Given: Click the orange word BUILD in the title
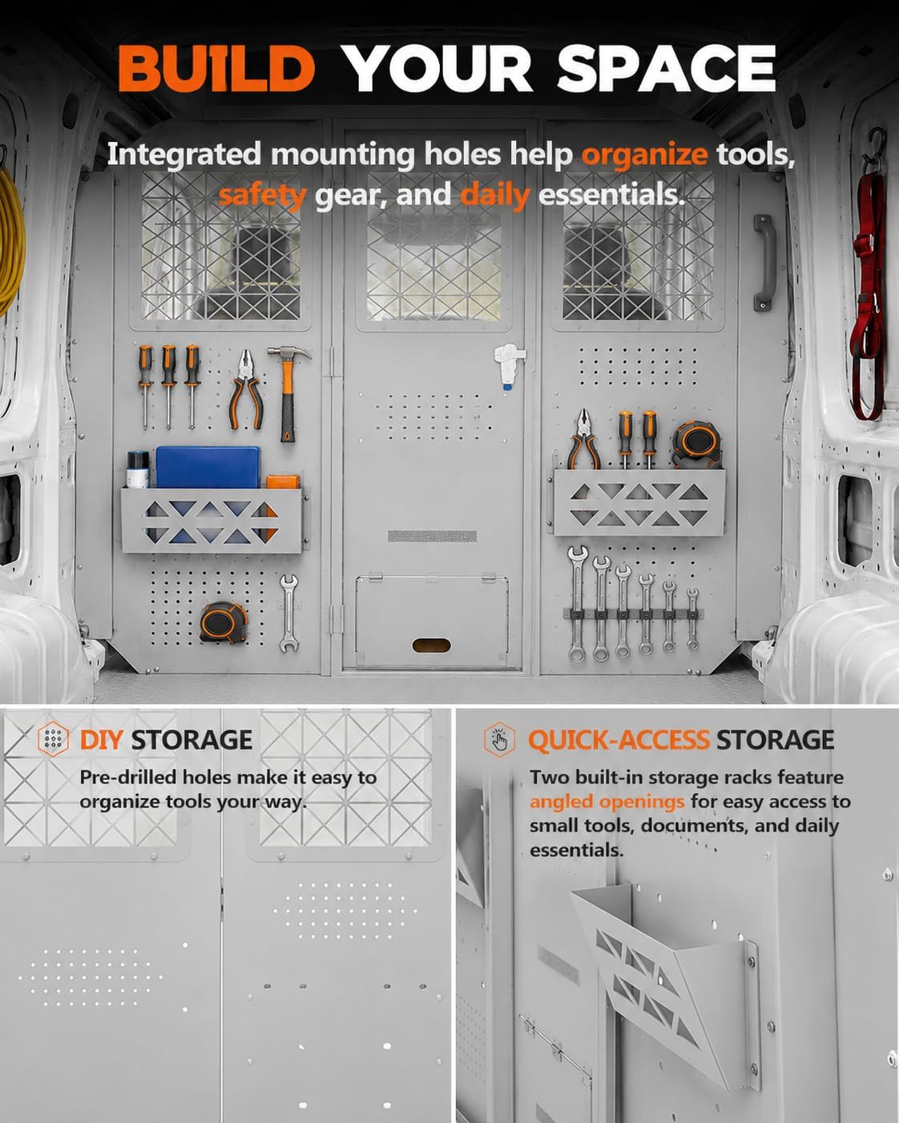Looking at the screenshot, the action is coord(216,68).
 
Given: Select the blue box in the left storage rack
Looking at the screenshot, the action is coord(208,468).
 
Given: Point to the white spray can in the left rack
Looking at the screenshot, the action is coord(138,469).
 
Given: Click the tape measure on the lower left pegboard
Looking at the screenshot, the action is coord(224,622).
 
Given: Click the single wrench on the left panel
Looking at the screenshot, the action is coord(288,613).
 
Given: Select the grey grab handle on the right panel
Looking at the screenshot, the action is coord(764,263).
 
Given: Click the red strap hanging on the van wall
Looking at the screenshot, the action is coord(868,292).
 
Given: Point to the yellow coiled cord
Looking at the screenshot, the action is coord(10,240).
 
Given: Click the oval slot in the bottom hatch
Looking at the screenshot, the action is coord(431,646).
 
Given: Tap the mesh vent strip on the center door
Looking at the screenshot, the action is coord(432,536).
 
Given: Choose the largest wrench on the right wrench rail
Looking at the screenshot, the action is coord(576,603).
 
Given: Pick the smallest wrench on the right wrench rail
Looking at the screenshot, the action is coord(693,619).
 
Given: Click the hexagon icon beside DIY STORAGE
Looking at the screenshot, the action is coord(53,739).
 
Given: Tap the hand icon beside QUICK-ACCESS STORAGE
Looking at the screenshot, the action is coord(500,739).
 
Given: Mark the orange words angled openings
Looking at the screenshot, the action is coord(607,802).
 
